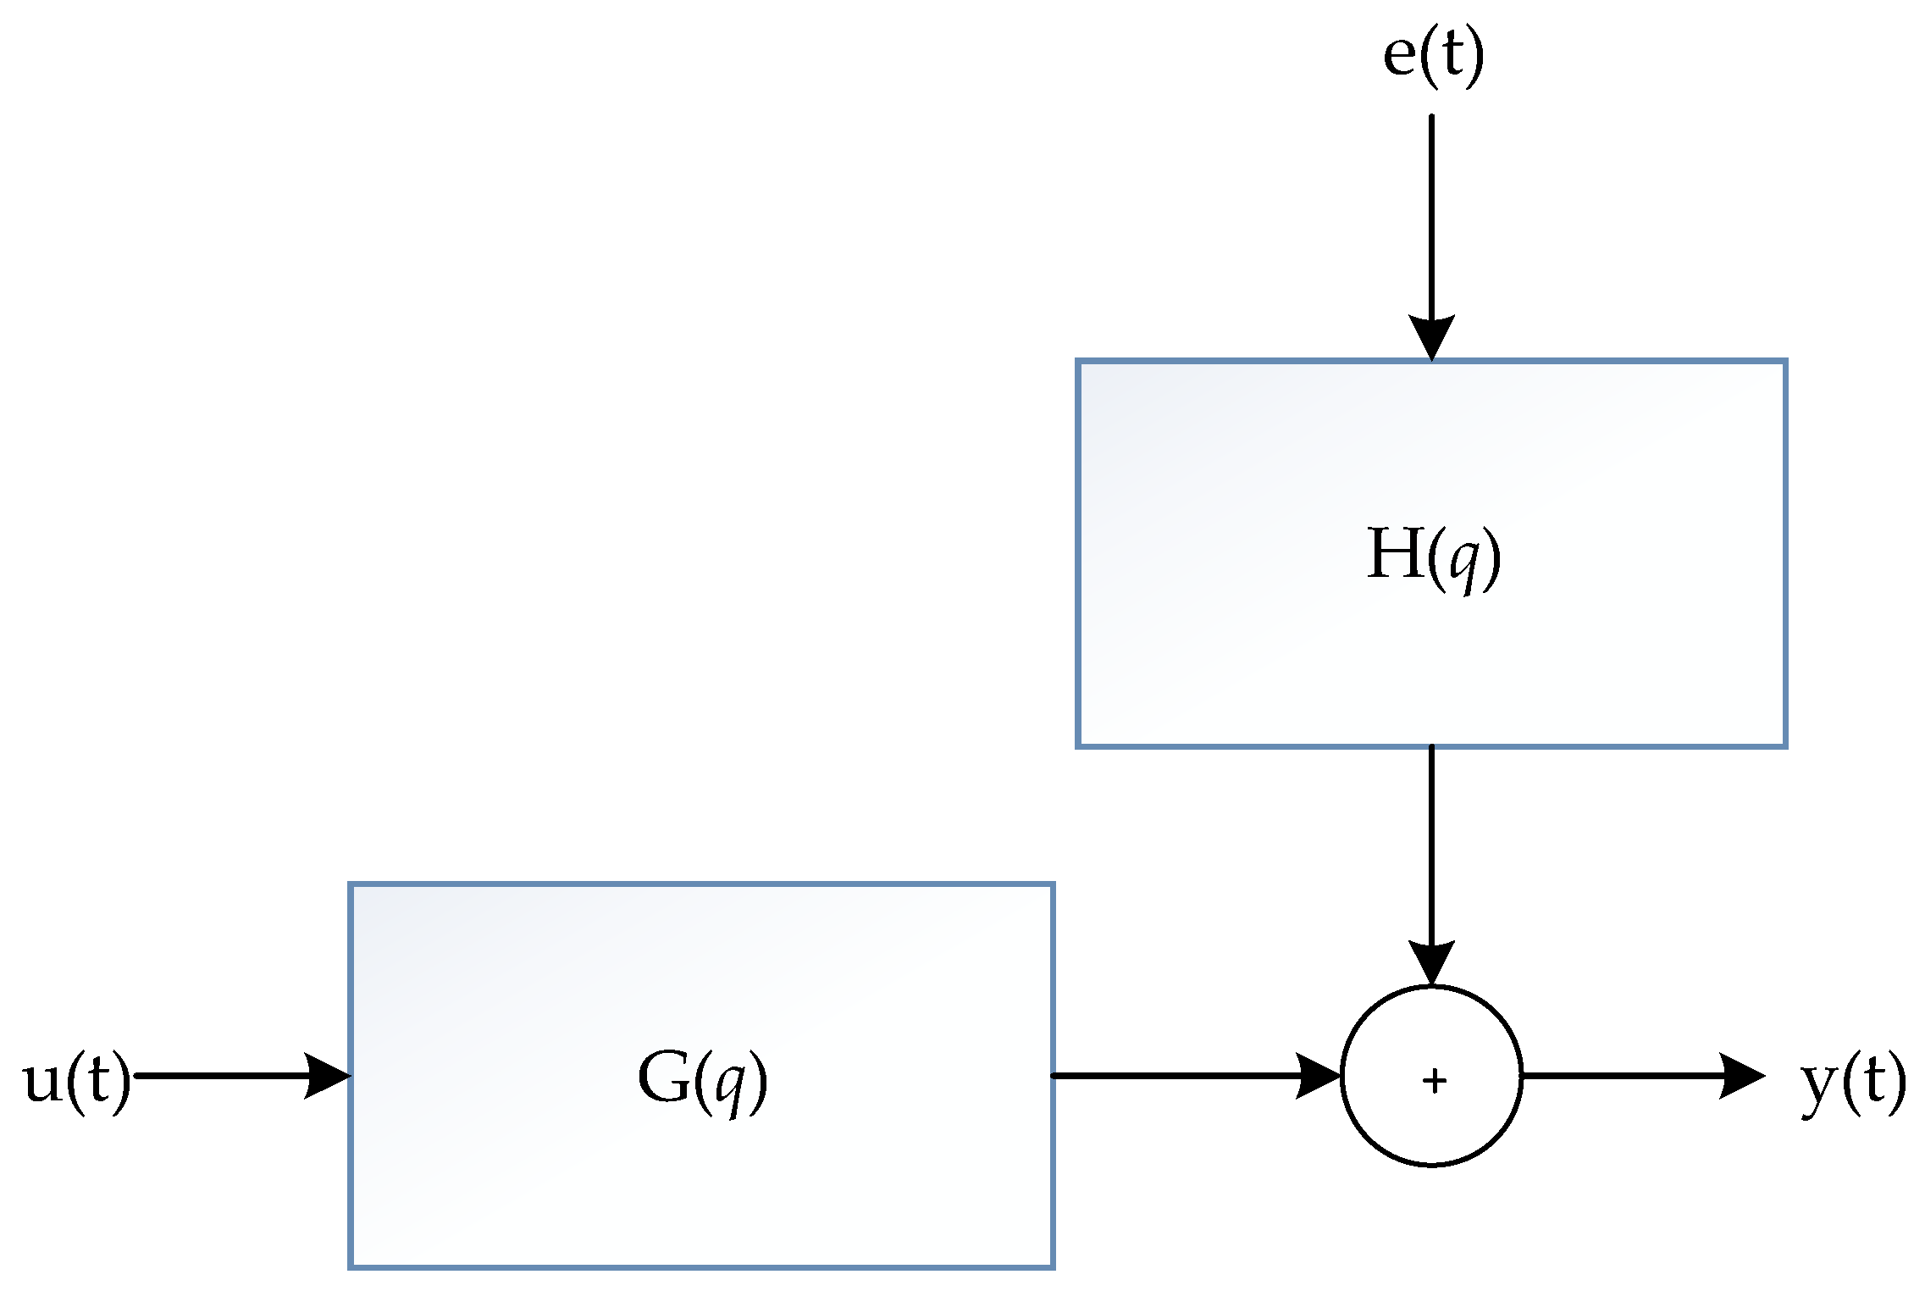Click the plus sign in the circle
tap(1434, 1081)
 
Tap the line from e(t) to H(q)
tap(1431, 212)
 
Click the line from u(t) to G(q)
tap(220, 1076)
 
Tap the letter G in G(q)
tap(663, 1078)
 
